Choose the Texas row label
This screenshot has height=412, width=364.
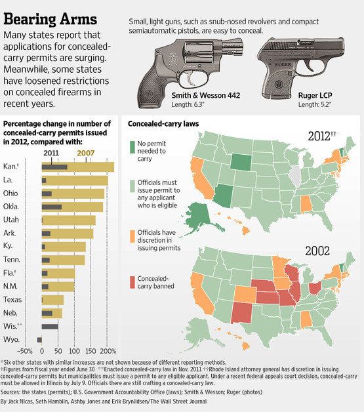(14, 300)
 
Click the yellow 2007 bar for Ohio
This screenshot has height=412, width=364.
(72, 194)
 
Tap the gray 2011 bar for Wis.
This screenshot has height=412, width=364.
(49, 326)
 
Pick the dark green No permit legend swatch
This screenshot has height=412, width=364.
(132, 145)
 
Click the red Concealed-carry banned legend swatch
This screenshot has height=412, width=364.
(132, 281)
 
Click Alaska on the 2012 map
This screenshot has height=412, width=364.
(204, 213)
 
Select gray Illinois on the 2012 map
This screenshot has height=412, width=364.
(294, 175)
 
